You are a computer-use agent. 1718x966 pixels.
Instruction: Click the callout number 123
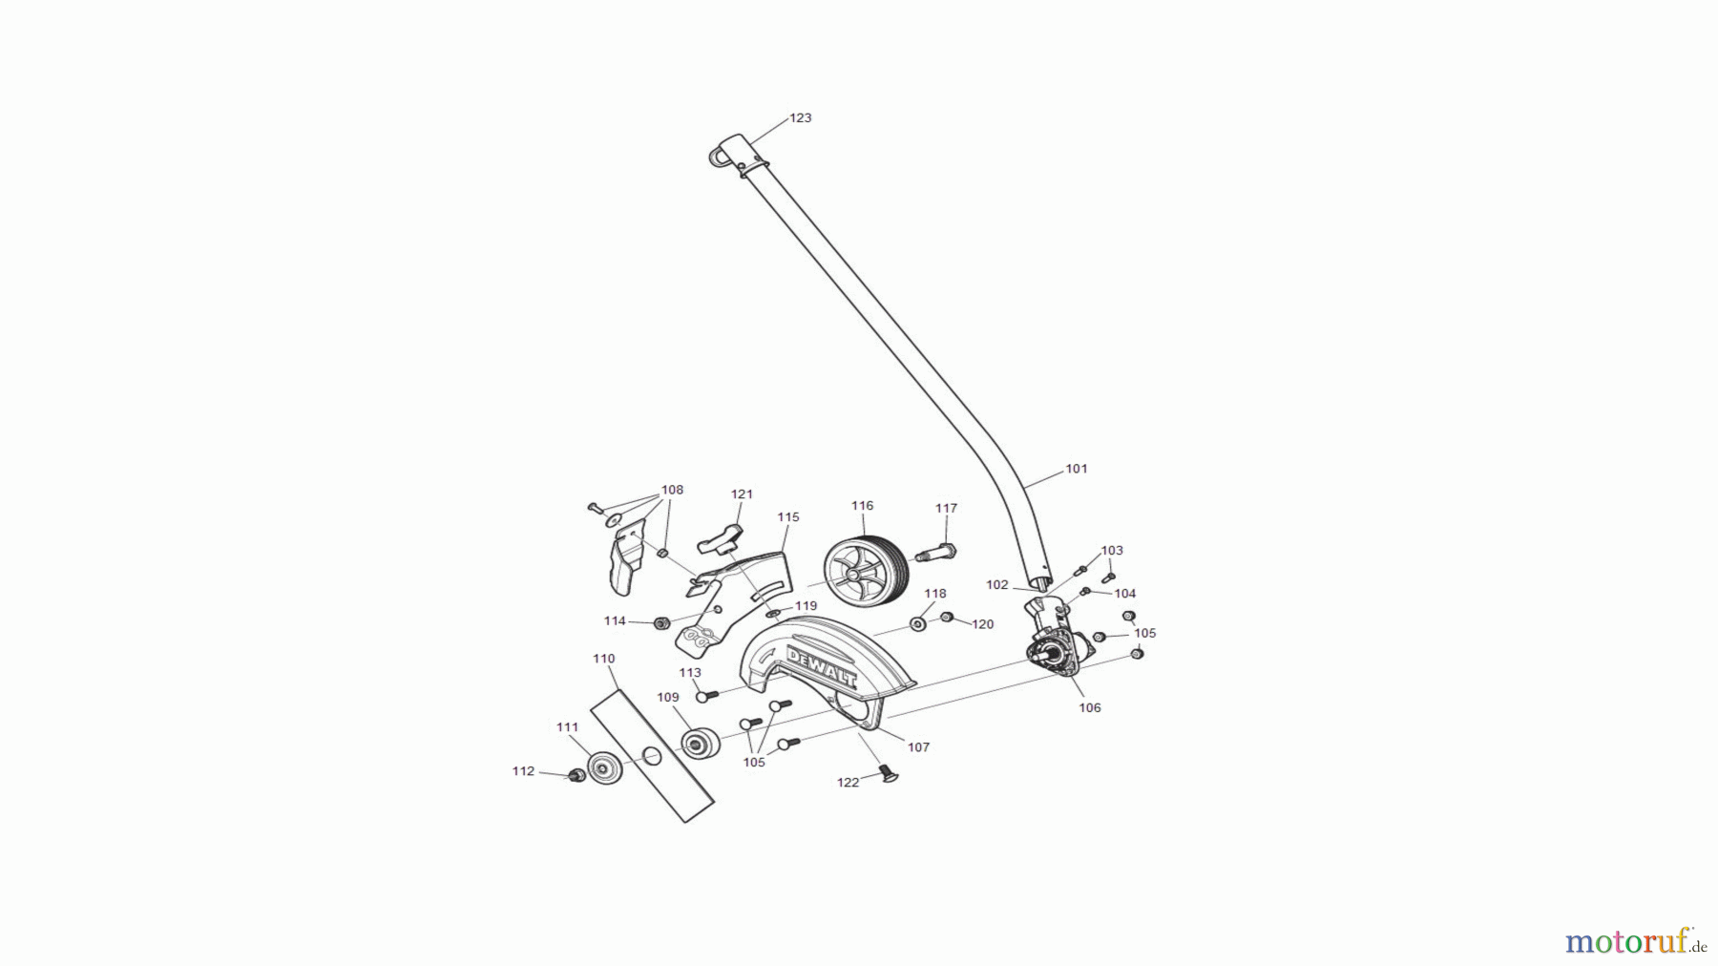tap(800, 117)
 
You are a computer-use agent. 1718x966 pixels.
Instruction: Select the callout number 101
tap(1076, 469)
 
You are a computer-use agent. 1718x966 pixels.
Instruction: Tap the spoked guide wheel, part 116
tap(864, 569)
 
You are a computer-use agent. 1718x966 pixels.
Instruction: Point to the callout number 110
tap(603, 659)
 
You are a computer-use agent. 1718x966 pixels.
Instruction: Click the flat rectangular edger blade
tap(652, 757)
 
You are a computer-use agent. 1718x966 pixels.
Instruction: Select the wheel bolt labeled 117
tap(936, 552)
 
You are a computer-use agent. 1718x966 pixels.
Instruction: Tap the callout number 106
tap(1089, 707)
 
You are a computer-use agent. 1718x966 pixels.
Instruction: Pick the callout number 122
tap(848, 782)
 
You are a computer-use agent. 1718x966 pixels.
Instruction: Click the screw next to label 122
tap(888, 772)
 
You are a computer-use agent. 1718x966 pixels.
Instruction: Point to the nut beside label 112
tap(576, 775)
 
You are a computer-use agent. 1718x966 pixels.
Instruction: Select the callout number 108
tap(672, 490)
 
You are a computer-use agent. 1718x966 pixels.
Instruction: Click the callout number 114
tap(615, 620)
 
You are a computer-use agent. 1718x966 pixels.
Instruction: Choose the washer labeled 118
tap(917, 623)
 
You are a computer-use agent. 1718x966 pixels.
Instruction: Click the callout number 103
tap(1112, 550)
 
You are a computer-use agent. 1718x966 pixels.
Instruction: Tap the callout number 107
tap(918, 746)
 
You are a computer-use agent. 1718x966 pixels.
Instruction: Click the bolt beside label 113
tap(706, 696)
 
